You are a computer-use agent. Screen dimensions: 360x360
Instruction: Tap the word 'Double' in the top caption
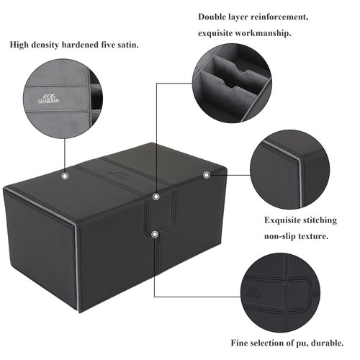214,15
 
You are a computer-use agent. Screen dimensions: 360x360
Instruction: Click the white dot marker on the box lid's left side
65,175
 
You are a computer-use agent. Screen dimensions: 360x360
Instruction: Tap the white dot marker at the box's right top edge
207,174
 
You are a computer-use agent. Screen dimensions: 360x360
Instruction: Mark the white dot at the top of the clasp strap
156,194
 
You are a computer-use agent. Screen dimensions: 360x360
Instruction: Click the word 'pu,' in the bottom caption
300,342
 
